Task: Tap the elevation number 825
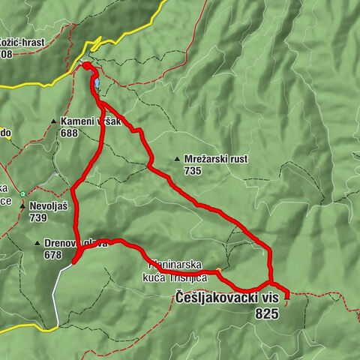point(266,314)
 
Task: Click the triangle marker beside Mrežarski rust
point(177,159)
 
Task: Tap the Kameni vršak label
point(91,121)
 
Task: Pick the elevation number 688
point(70,133)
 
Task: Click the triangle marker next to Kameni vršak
point(54,121)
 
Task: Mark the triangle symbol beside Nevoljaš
point(23,206)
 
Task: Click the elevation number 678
point(52,255)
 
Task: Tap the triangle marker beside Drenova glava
point(37,244)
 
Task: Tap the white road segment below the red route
point(55,296)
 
